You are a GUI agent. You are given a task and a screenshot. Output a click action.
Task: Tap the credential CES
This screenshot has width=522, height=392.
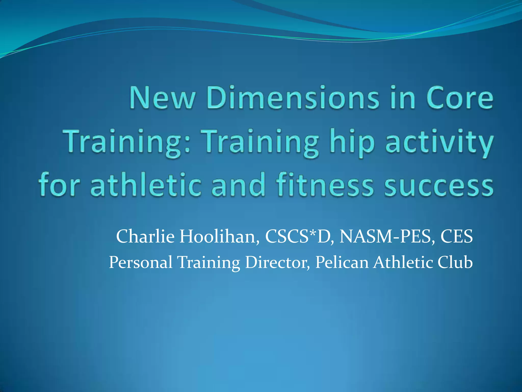click(457, 236)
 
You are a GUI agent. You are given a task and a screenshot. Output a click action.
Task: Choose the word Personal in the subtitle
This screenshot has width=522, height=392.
click(141, 262)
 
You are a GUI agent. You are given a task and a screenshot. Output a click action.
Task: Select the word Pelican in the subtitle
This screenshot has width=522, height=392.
click(342, 262)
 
